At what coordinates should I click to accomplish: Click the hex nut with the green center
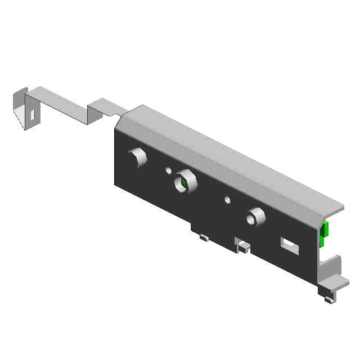pyautogui.click(x=183, y=182)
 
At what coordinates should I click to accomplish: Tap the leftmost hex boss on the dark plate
pyautogui.click(x=137, y=157)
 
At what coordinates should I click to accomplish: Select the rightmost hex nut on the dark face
pyautogui.click(x=255, y=217)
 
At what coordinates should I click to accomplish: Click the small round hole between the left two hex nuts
pyautogui.click(x=168, y=170)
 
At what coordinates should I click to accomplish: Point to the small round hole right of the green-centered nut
pyautogui.click(x=227, y=199)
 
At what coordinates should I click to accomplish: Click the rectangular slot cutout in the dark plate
pyautogui.click(x=289, y=245)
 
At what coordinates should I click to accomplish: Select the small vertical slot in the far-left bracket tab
pyautogui.click(x=33, y=114)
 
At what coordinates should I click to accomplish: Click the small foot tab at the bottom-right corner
pyautogui.click(x=327, y=298)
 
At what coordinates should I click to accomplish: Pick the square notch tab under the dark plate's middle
pyautogui.click(x=243, y=246)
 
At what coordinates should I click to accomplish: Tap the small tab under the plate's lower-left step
pyautogui.click(x=204, y=237)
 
